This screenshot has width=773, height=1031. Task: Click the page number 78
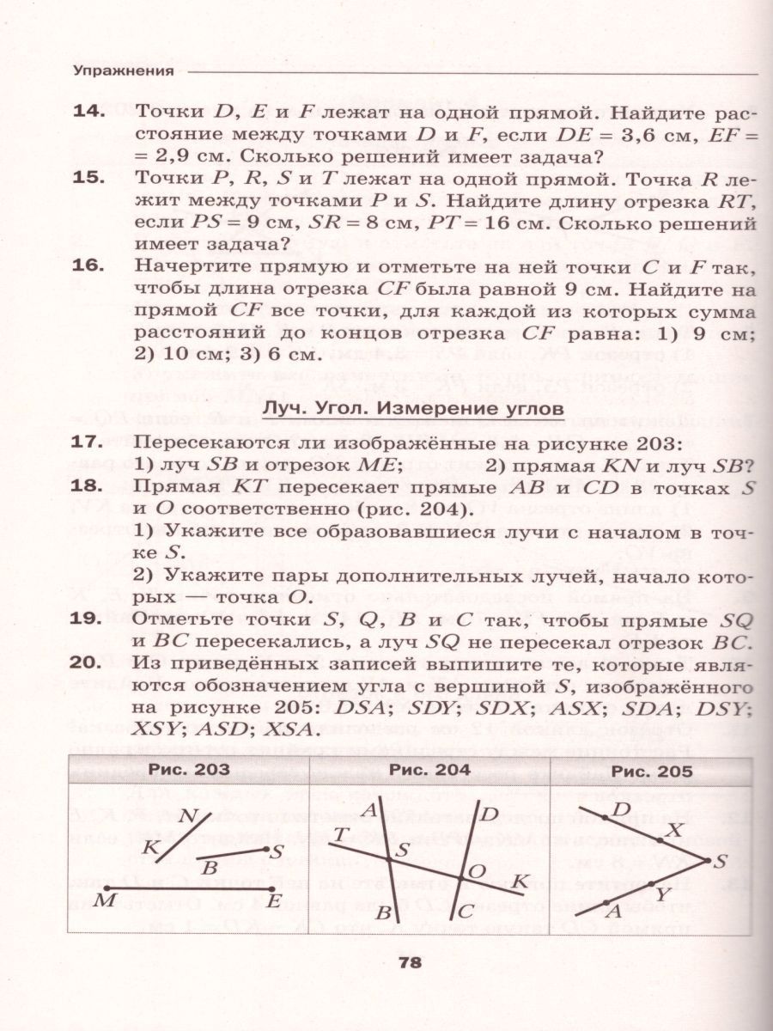(x=410, y=963)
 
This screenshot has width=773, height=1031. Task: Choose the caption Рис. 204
(x=429, y=770)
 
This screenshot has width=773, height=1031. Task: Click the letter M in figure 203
(x=104, y=900)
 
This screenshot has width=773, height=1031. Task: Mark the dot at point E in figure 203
(x=271, y=888)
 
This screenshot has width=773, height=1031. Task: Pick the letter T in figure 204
(x=341, y=833)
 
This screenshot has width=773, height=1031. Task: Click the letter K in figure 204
(x=520, y=882)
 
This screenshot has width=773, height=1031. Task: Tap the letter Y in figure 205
(x=661, y=895)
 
